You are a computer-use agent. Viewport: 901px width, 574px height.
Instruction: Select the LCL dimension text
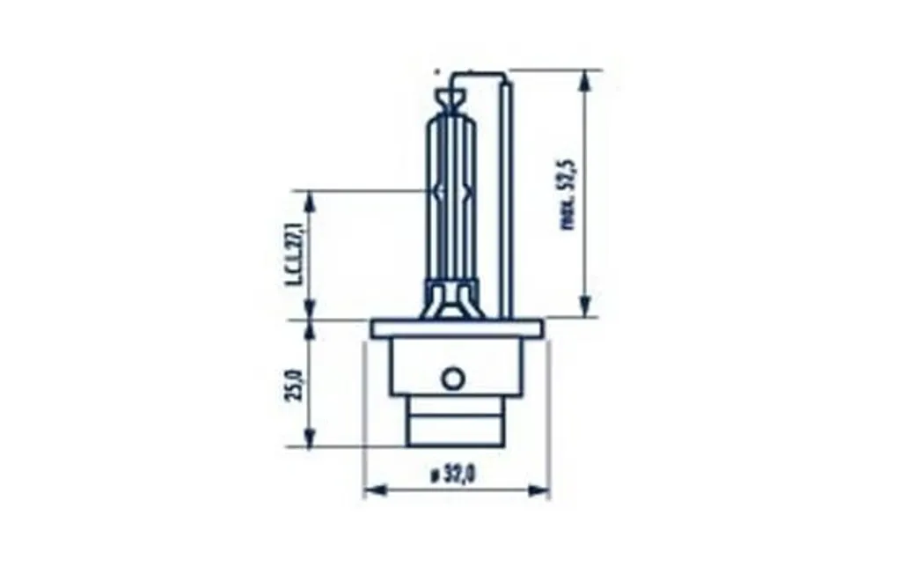point(295,255)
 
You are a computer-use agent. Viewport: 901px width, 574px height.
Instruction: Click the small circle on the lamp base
point(452,379)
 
